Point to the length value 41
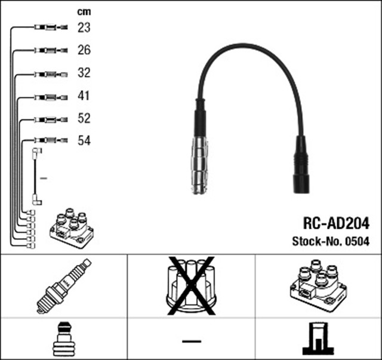pos(84,96)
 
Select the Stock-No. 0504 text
pos(330,241)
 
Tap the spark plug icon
pos(63,286)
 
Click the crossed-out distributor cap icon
pos(191,285)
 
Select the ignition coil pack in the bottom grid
pos(318,285)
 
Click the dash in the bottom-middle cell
pos(191,340)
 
